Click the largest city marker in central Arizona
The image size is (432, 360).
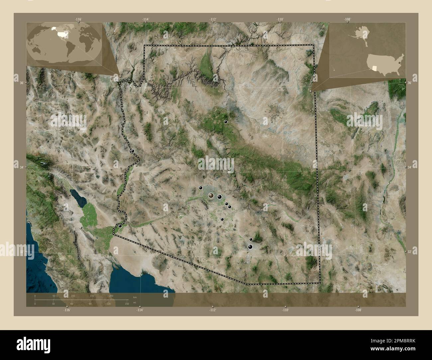[x=211, y=196]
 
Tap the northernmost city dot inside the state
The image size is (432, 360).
[x=226, y=122]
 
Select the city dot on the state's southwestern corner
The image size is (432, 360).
[x=120, y=226]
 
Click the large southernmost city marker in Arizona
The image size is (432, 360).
[x=250, y=246]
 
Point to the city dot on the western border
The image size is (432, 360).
[x=133, y=151]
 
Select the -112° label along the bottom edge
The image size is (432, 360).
[x=212, y=310]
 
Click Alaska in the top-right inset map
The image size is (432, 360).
[x=360, y=32]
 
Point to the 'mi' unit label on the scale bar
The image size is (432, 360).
[x=135, y=303]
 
